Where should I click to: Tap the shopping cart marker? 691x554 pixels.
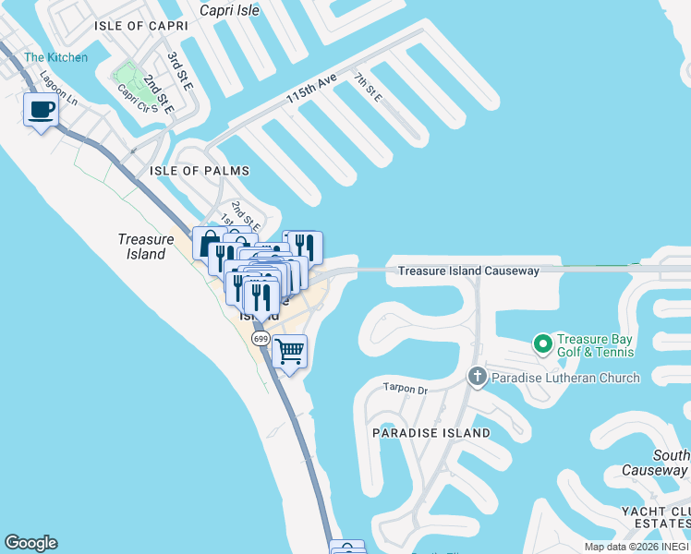(290, 351)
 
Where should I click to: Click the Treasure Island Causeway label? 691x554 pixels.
(468, 271)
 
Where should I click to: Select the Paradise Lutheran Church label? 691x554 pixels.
(565, 377)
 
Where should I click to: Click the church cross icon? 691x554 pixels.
(477, 376)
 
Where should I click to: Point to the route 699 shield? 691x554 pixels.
(260, 338)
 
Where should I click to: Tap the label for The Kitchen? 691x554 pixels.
(56, 57)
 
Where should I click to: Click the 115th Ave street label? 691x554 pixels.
(311, 90)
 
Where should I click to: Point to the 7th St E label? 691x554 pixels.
(368, 86)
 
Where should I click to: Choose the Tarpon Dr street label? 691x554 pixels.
(406, 389)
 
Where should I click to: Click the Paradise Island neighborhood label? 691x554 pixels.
(431, 433)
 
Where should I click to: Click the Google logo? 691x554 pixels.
(30, 543)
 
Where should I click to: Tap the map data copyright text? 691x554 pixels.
(636, 547)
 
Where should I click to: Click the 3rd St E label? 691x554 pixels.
(179, 71)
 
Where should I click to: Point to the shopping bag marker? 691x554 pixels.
(207, 243)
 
